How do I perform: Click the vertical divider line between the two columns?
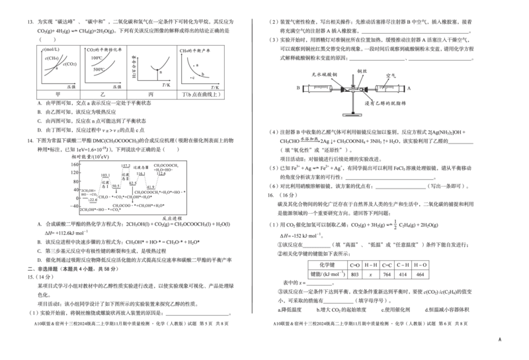coord(253,165)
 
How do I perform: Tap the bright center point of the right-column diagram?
coord(353,88)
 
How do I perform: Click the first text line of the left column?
coord(132,20)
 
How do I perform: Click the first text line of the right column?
coord(370,20)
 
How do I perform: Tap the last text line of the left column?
coord(132,324)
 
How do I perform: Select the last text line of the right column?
coord(370,324)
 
